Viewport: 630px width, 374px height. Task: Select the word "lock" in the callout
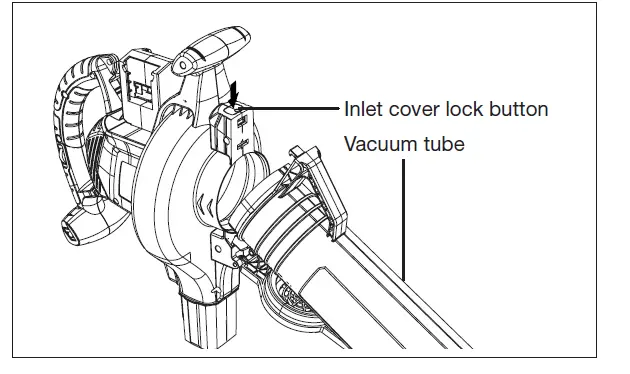465,109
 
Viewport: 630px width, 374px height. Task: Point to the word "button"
519,109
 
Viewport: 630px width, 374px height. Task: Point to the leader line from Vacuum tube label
405,220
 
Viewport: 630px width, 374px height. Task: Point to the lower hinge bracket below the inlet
219,245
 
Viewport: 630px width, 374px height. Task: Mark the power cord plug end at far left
72,228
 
